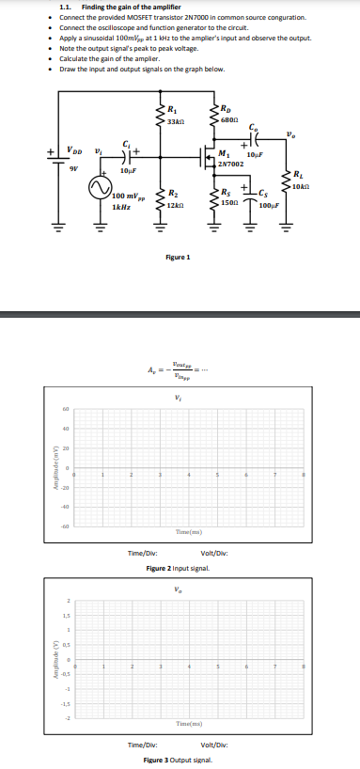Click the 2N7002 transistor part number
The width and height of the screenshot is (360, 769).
(x=230, y=164)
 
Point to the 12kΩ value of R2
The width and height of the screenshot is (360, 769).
(x=175, y=204)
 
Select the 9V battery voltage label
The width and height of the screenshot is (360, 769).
(x=71, y=169)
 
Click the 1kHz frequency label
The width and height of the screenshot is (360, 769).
(x=120, y=206)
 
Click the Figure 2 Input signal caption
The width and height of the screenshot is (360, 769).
(x=178, y=570)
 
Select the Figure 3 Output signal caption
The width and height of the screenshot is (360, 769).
(x=178, y=760)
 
